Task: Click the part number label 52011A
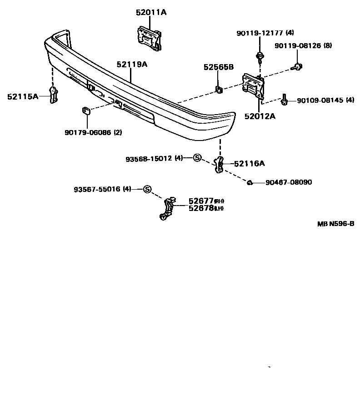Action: [x=151, y=13]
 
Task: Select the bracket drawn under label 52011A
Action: [x=148, y=36]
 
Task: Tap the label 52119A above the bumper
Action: [x=132, y=65]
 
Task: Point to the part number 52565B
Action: [x=218, y=67]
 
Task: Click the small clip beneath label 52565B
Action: [x=219, y=89]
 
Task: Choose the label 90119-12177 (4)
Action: [x=265, y=33]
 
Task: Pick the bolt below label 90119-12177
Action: [x=260, y=56]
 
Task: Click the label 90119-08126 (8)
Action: [x=303, y=46]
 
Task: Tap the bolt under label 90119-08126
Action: [x=298, y=67]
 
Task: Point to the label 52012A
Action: [x=260, y=116]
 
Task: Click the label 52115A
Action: [x=23, y=96]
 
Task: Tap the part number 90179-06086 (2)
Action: [x=93, y=133]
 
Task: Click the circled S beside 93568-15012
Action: [x=197, y=158]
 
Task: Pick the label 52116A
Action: [x=250, y=163]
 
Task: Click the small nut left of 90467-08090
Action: [x=250, y=183]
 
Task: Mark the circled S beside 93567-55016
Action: [x=147, y=189]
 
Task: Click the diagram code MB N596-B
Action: [x=335, y=224]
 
